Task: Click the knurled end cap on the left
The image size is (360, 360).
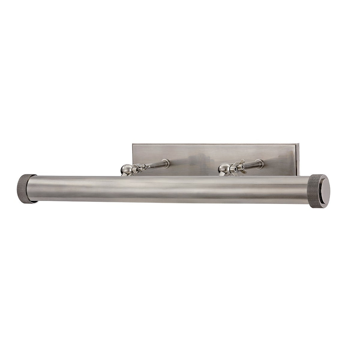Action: (26, 188)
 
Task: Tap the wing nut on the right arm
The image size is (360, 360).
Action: (238, 167)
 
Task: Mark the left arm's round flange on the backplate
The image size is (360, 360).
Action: (165, 163)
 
